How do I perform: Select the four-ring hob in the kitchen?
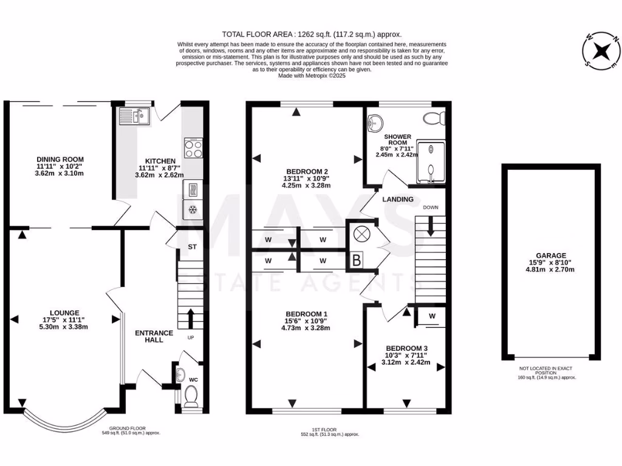[x=193, y=149]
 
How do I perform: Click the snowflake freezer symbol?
[x=193, y=210]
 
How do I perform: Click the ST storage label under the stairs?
[x=193, y=247]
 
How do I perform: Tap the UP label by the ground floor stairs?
[x=191, y=337]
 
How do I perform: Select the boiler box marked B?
[x=356, y=261]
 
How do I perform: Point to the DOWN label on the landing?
[x=431, y=207]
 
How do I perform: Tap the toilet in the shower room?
[x=434, y=117]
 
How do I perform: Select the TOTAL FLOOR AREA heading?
[x=312, y=35]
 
